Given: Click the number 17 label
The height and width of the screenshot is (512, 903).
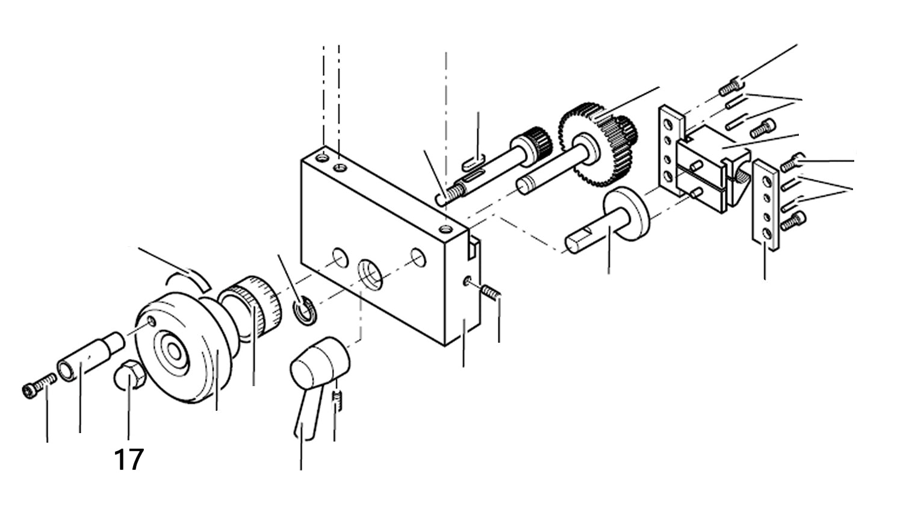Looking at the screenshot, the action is (129, 460).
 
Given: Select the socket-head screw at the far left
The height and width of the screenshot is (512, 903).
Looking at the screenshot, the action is (39, 386).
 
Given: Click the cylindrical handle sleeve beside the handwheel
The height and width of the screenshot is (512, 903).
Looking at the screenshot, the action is (91, 356).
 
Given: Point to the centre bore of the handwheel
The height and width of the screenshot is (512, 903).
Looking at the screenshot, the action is (174, 351).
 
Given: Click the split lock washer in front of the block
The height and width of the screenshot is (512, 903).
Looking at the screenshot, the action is (305, 310).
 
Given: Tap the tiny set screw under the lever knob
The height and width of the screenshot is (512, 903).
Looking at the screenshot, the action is (337, 402).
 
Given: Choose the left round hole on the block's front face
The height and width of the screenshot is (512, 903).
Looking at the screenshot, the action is (340, 258).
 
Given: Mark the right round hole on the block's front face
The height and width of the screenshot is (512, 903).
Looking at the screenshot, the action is (418, 257).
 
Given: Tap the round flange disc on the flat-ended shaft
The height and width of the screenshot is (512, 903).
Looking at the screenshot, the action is (626, 214).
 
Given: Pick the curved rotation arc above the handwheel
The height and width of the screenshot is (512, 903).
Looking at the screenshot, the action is (190, 278).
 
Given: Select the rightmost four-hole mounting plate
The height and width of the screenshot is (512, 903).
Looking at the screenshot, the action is (766, 205).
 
